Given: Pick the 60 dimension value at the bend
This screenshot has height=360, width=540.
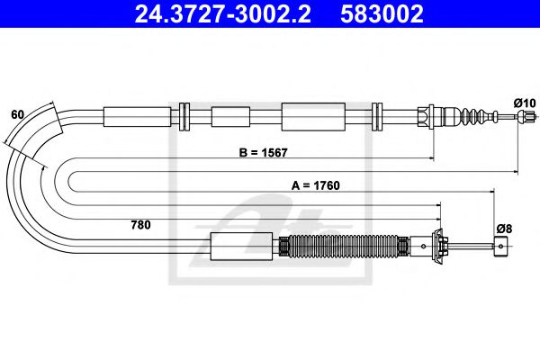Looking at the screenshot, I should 18,114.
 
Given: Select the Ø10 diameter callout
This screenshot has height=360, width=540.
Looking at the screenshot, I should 524,103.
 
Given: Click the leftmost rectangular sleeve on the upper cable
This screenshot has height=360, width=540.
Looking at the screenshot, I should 137,116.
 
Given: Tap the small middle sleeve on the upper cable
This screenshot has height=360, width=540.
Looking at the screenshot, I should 229,116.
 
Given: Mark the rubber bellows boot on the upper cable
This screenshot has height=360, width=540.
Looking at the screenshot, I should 471,116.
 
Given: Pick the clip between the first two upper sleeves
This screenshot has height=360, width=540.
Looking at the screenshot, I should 185,116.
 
